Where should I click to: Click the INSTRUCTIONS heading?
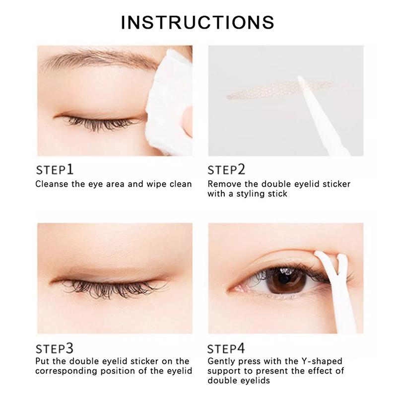[198, 22]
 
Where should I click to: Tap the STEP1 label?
[55, 170]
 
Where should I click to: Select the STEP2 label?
[227, 170]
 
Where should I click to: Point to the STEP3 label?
[55, 348]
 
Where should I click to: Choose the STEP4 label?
[226, 348]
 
